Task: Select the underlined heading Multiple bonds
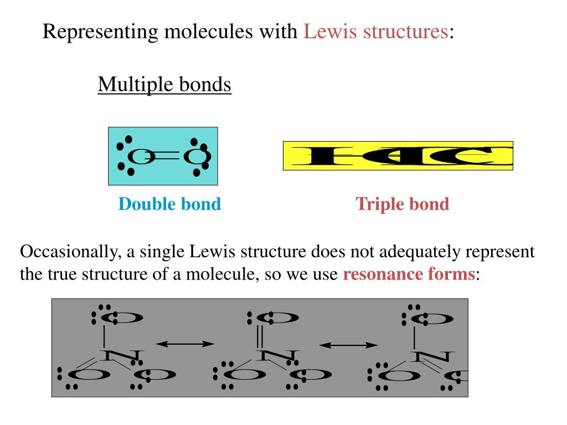point(164,85)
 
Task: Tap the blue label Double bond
point(169,204)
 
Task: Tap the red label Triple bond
point(402,204)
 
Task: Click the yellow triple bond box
point(398,156)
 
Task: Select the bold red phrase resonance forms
point(409,274)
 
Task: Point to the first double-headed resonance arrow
point(185,344)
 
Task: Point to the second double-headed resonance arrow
point(348,344)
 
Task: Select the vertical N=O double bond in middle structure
point(260,336)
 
